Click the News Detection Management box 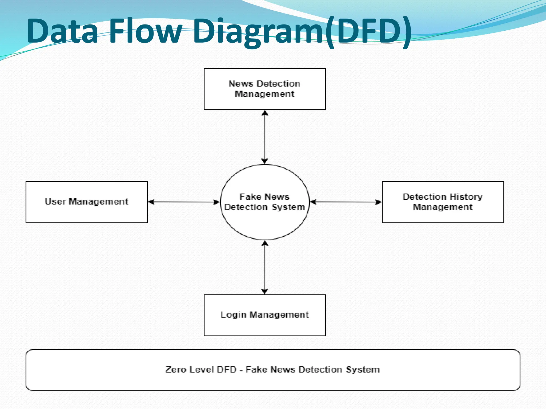pos(264,89)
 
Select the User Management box pos(87,202)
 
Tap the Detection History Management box pos(443,202)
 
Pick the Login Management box pos(264,315)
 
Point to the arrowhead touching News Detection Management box pos(264,113)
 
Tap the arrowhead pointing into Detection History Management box pos(378,202)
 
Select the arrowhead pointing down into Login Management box pos(264,291)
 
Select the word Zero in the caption pos(176,370)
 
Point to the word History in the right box pos(466,197)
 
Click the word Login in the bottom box pos(233,315)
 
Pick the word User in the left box pos(55,202)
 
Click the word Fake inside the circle pos(250,197)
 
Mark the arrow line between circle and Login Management pos(264,267)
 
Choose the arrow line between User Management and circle pos(184,202)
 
